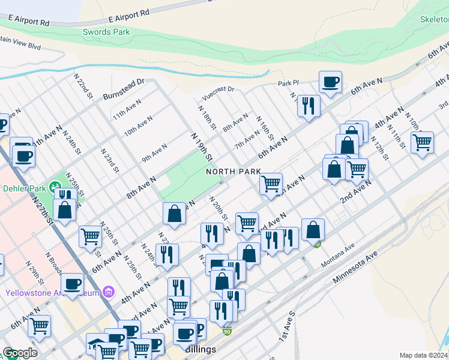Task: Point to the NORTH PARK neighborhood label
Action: coord(234,172)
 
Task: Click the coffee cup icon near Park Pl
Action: coord(330,82)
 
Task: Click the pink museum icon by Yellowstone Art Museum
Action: coord(109,293)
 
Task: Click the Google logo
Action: coord(20,353)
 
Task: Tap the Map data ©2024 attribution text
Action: coord(424,355)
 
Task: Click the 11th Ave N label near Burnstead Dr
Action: coord(127,112)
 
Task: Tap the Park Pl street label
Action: coord(288,83)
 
